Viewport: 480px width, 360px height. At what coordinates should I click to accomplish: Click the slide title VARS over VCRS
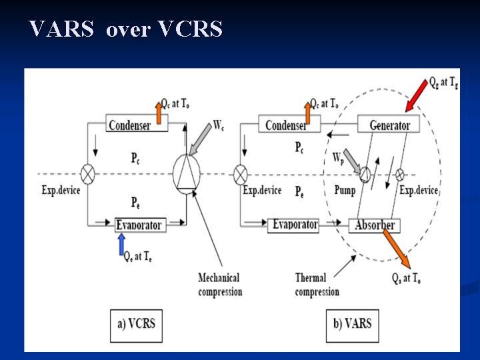coord(126,29)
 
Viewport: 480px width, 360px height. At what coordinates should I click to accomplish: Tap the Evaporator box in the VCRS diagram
coord(139,225)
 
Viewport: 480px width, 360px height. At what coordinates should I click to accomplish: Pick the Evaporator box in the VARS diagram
coord(295,224)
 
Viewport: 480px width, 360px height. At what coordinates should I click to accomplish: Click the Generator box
coord(390,125)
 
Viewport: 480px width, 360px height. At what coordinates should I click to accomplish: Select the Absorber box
coord(374,225)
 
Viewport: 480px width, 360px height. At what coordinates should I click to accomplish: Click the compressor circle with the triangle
coord(186,173)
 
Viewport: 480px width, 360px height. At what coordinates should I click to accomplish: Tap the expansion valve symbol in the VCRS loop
coord(88,174)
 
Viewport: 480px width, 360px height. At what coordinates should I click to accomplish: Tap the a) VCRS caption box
coord(136,324)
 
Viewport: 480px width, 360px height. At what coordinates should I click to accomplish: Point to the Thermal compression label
coord(317,285)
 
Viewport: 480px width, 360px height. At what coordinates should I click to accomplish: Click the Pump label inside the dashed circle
coord(345,190)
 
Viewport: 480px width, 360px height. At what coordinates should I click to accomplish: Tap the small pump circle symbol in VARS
coord(364,175)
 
